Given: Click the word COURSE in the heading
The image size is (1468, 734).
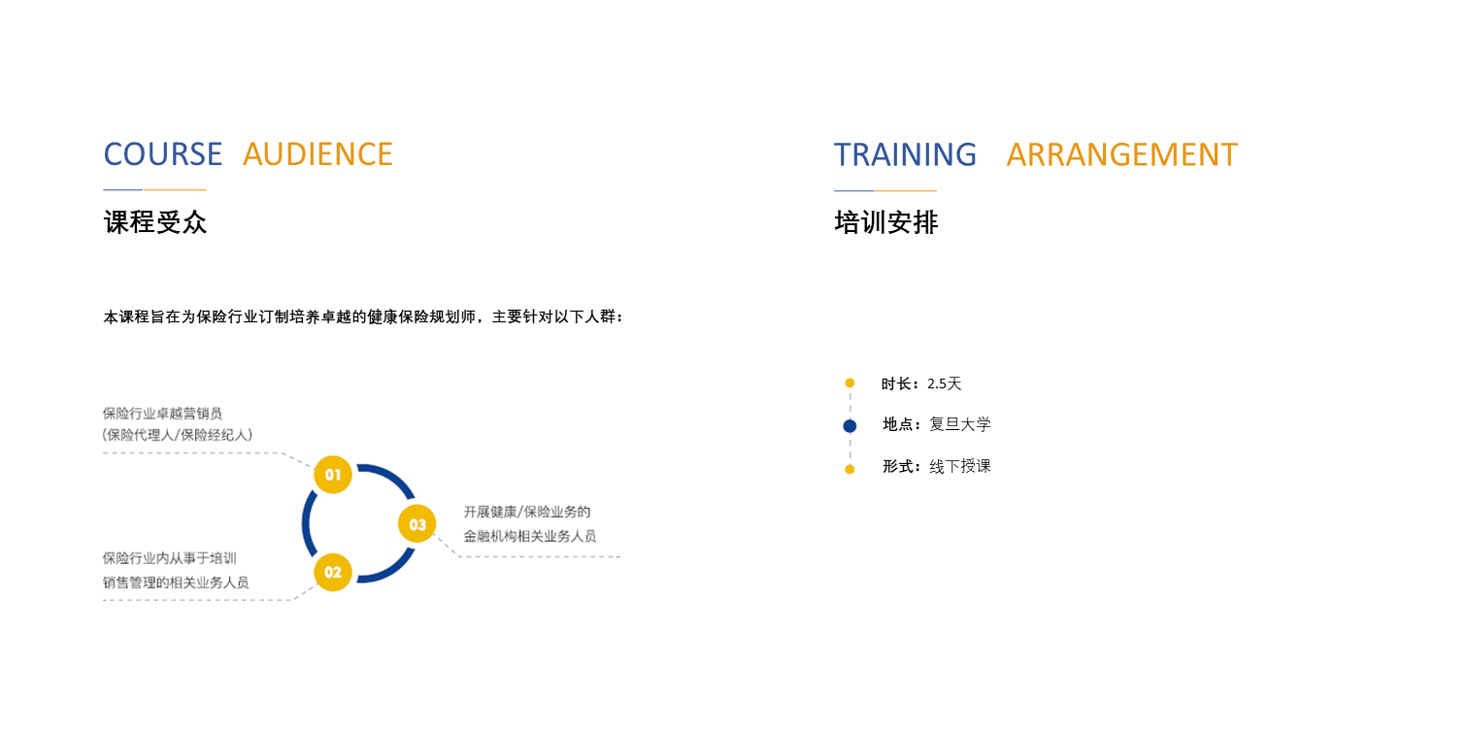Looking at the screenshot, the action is point(163,154).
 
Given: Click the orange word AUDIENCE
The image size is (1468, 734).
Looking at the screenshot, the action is point(317,154).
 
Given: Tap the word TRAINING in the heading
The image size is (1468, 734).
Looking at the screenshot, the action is point(905,155).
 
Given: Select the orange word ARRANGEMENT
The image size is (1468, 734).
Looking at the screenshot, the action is point(1122,155).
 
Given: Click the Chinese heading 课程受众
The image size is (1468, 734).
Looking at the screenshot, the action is point(155,222).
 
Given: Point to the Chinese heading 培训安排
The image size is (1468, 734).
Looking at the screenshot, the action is point(886,222).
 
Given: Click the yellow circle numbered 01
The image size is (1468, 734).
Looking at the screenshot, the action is point(333,475).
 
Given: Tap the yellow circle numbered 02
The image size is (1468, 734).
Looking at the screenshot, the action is point(333,572).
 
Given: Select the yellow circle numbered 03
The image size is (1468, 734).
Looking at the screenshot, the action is point(417,524).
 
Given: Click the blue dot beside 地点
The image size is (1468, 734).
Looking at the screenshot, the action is point(850,426).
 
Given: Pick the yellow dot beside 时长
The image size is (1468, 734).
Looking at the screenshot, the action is point(850,383).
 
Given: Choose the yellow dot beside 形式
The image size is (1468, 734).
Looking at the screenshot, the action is point(850,469).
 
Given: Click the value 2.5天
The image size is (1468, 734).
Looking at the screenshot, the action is point(945,384).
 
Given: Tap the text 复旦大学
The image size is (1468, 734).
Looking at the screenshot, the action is point(960,424).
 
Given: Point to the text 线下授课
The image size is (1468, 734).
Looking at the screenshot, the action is point(960,467).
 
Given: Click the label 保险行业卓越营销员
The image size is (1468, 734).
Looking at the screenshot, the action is point(162,414).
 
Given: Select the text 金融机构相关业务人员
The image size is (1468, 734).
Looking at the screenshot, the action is point(530,537).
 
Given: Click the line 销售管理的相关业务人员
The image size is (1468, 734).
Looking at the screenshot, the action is point(176,583).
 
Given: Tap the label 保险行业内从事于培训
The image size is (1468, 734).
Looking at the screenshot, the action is point(169,558).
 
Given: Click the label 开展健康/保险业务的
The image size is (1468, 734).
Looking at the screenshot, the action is point(527,512).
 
